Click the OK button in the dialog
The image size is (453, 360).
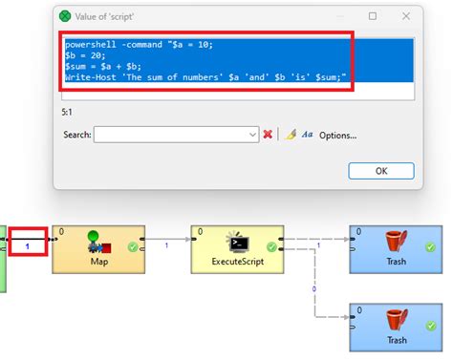pyautogui.click(x=380, y=171)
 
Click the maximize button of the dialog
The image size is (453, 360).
pyautogui.click(x=372, y=16)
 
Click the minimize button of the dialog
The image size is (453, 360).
pyautogui.click(x=335, y=16)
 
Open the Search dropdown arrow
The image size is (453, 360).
pyautogui.click(x=252, y=135)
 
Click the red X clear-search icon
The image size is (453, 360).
pyautogui.click(x=269, y=135)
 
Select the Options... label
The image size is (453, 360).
pyautogui.click(x=337, y=136)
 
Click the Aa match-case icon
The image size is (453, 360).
pyautogui.click(x=307, y=135)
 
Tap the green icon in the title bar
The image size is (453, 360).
pyautogui.click(x=65, y=16)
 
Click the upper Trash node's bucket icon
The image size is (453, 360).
pyautogui.click(x=396, y=240)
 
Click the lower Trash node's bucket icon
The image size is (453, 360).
pyautogui.click(x=396, y=320)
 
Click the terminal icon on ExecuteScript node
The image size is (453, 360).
pyautogui.click(x=235, y=242)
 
